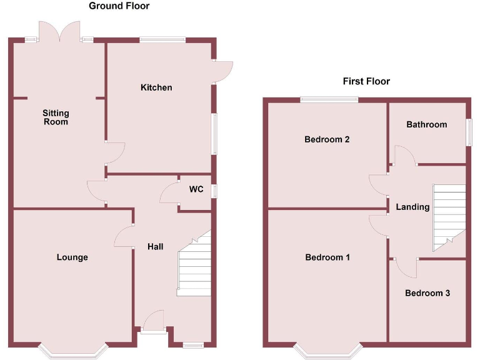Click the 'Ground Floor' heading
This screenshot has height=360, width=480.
pos(119,6)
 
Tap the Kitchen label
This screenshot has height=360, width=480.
pos(156,87)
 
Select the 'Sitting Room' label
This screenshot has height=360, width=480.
pos(56,117)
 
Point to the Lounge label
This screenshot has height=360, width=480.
pos(72,257)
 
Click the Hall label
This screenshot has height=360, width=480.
pos(155,247)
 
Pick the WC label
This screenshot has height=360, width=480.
pos(196,189)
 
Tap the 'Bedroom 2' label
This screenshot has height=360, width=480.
pos(327,139)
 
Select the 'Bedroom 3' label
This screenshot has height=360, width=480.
pos(427,293)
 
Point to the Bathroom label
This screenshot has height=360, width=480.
pos(427,124)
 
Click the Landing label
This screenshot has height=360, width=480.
pos(412,207)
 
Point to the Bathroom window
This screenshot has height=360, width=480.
pos(469,132)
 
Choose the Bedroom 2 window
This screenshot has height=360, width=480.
pos(329,99)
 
